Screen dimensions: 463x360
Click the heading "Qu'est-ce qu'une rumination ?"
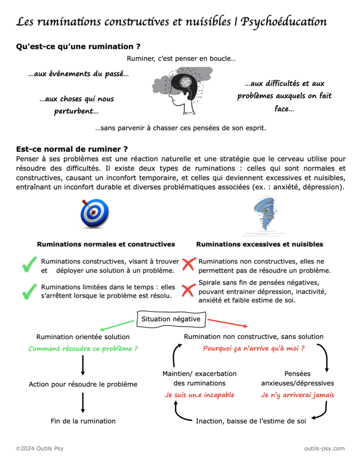79,47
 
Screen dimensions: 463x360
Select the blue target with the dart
94,213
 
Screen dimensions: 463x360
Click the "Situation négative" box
171,319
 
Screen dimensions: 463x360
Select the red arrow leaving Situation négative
227,323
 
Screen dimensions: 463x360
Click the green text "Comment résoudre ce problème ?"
83,349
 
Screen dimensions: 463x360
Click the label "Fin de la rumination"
83,421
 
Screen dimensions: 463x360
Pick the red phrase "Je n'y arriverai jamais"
297,395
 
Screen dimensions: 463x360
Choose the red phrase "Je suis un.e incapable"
199,395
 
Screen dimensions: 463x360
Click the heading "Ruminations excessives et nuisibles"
259,244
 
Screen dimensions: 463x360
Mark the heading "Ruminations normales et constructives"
106,244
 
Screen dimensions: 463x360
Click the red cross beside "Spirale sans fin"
187,291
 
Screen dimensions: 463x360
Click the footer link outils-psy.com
324,448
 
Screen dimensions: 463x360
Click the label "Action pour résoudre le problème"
83,384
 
